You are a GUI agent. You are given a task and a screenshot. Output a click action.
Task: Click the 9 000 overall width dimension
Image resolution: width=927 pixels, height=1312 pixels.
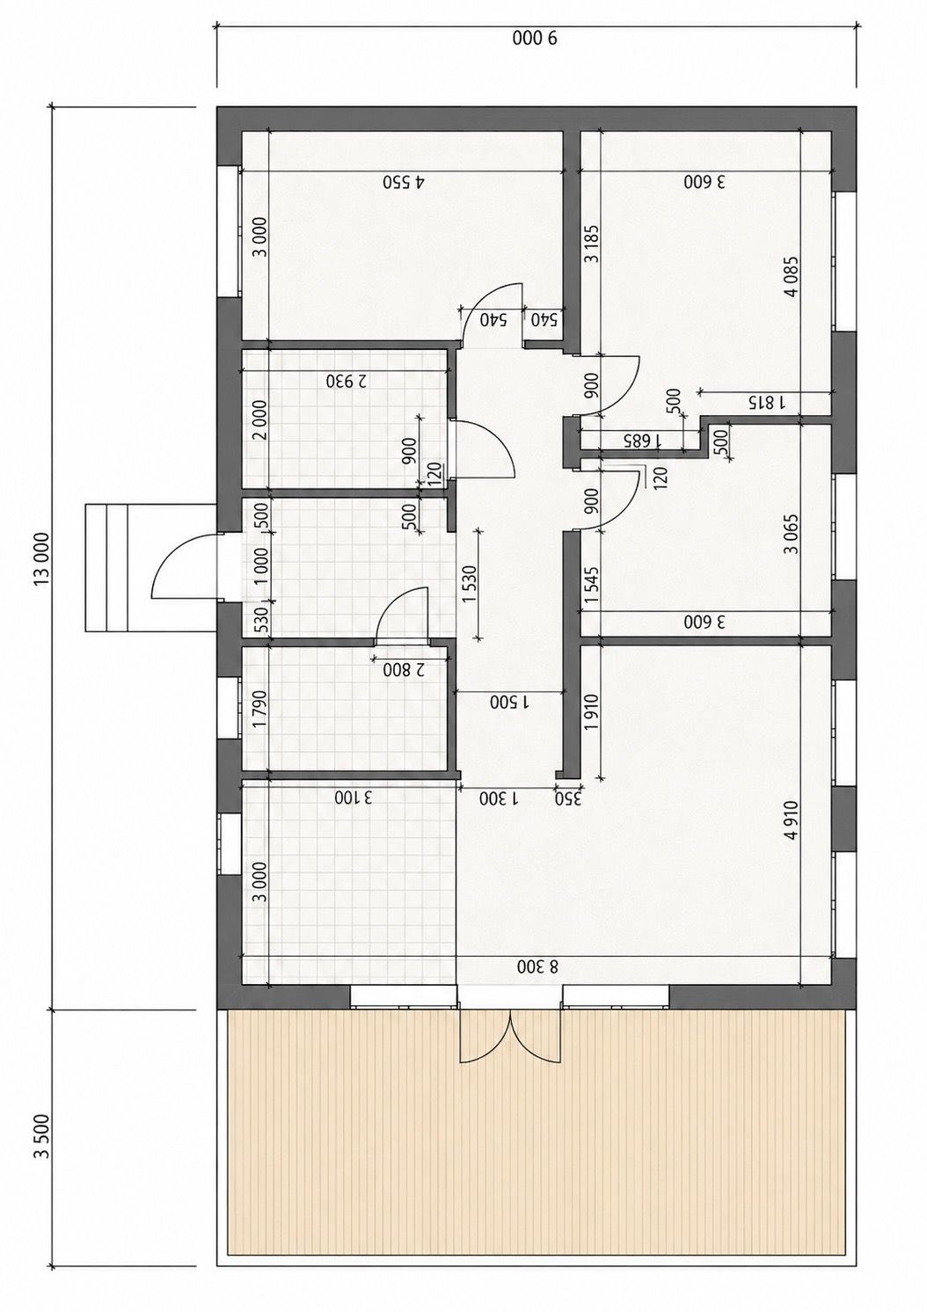pos(536,40)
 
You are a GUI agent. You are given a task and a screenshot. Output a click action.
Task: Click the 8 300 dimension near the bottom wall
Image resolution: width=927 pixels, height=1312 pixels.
pos(538,967)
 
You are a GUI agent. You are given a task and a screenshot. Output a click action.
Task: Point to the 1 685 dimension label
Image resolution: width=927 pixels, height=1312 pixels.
pos(641,440)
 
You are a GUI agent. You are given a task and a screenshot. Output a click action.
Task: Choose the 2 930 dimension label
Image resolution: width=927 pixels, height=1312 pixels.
pos(346,382)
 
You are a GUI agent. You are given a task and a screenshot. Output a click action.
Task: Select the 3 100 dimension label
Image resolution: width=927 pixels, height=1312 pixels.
pos(354,798)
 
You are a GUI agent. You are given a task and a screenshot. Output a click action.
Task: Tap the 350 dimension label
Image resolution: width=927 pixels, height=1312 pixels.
pos(568,798)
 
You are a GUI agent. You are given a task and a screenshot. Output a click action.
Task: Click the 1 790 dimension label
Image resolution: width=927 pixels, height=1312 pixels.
pos(261,710)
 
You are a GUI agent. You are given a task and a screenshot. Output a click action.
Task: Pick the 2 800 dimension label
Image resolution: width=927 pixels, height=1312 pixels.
pos(404,669)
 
